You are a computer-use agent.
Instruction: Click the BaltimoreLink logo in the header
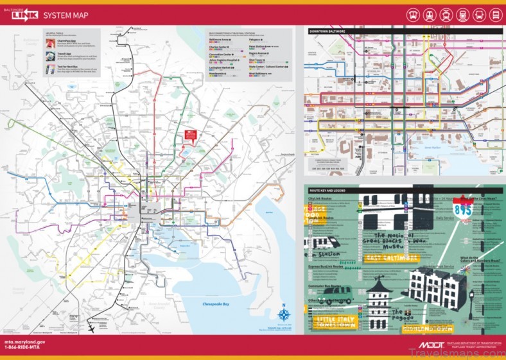click(22, 14)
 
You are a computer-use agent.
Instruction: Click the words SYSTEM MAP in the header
click(66, 15)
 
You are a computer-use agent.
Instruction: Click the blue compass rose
click(284, 314)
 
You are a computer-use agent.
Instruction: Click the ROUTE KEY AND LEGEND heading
click(331, 191)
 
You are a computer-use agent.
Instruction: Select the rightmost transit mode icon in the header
click(495, 15)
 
